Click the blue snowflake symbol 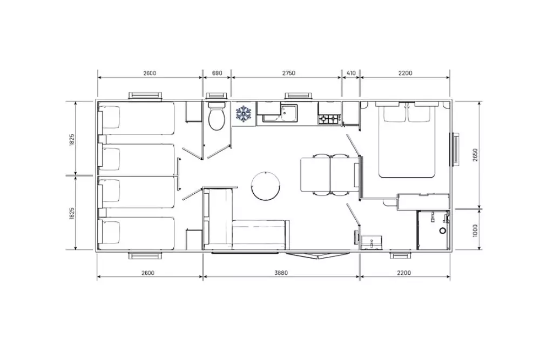244,113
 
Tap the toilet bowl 217,119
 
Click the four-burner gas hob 329,119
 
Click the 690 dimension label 217,73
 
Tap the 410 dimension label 351,73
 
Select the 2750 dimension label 288,73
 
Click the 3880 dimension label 281,273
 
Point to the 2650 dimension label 475,155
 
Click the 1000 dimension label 475,230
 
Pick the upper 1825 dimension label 72,140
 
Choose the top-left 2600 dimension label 150,73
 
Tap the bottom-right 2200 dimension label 404,273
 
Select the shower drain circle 443,231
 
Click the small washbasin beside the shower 372,242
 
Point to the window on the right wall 455,149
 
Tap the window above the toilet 217,96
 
